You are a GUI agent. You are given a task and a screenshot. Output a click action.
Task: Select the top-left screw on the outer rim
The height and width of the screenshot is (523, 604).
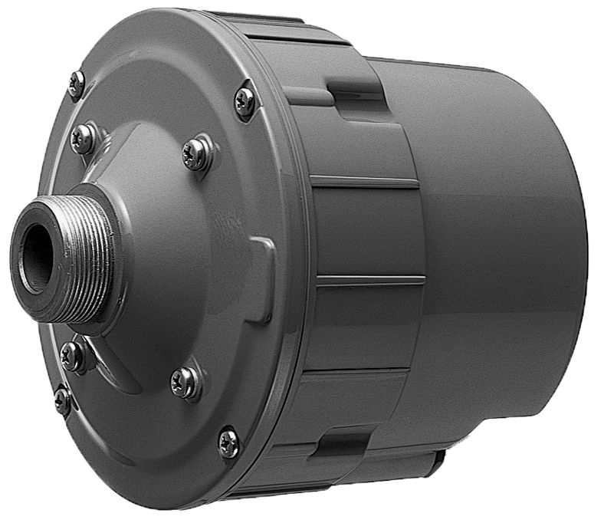pos(76,84)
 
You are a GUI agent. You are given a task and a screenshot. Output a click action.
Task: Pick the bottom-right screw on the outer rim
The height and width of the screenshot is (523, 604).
pos(228,442)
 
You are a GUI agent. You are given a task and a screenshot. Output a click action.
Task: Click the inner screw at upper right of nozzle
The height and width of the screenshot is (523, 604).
pos(195,154)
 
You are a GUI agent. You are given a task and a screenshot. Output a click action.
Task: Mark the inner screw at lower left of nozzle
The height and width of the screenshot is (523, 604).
pos(73,356)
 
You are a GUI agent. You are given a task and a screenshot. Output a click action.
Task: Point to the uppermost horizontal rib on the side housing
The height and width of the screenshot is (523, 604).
pos(364,183)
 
